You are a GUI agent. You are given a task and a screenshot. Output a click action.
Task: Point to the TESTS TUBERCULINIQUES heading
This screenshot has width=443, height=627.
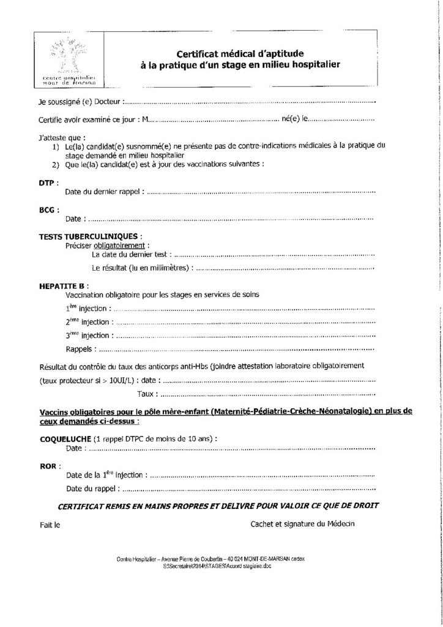(x=91, y=236)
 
